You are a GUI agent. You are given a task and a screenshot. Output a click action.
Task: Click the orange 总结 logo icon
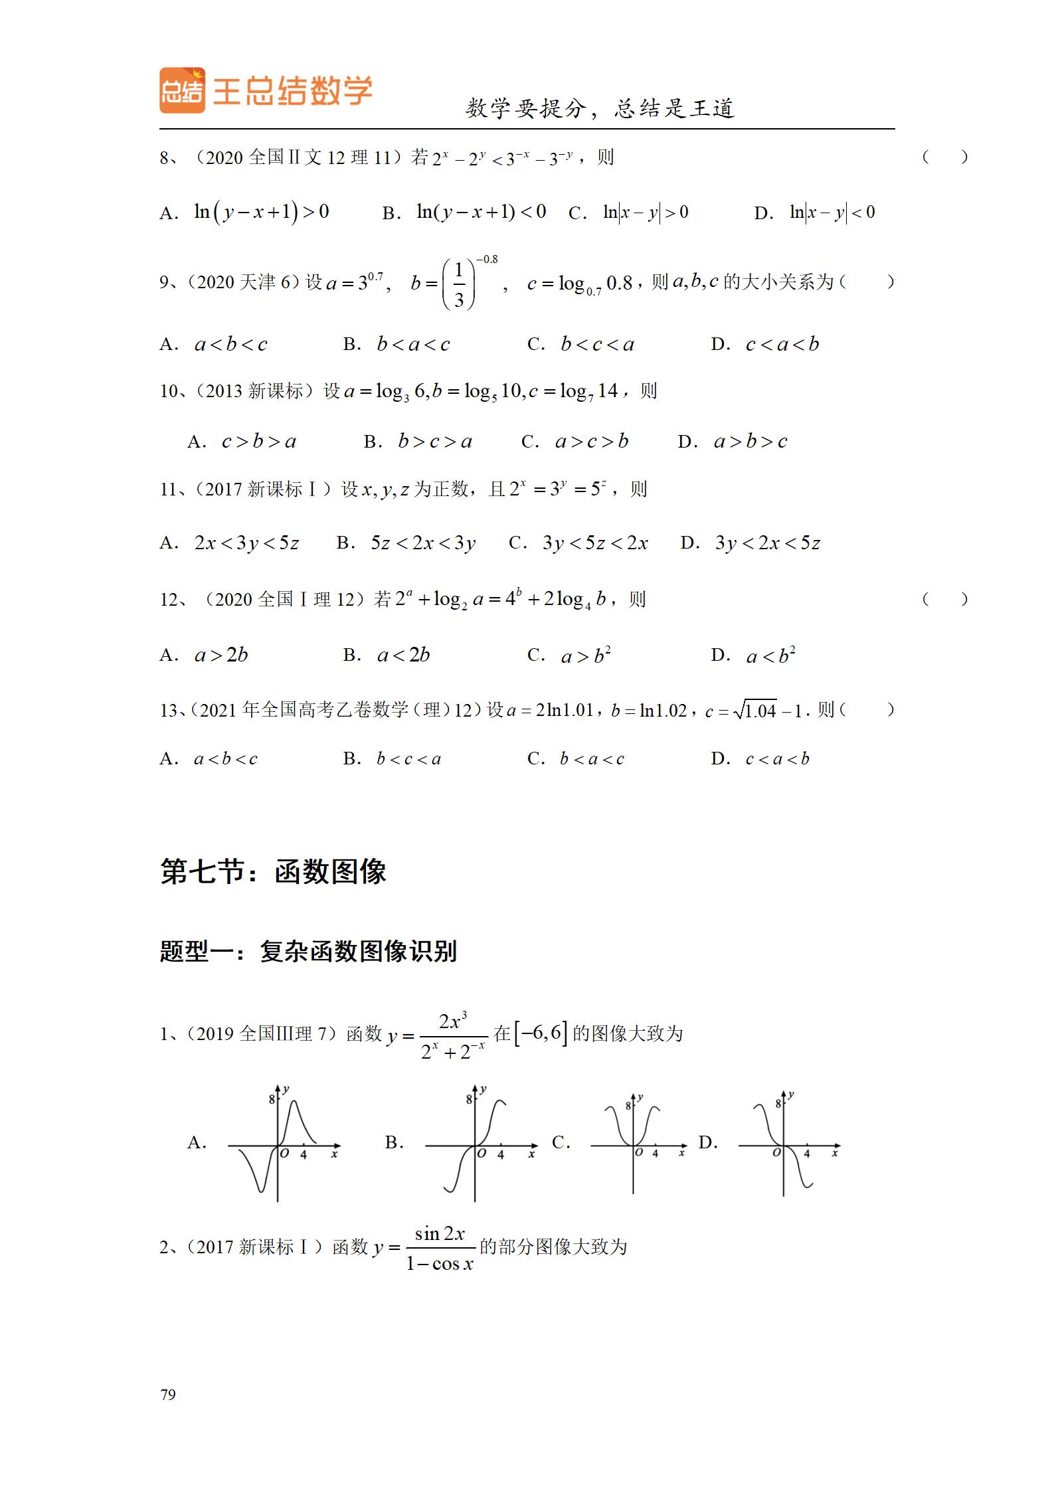[x=182, y=90]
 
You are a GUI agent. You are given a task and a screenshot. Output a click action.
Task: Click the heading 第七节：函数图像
[x=273, y=872]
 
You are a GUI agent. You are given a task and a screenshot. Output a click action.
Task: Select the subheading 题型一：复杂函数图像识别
[x=308, y=952]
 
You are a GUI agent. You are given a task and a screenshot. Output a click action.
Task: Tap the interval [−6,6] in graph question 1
[x=541, y=1033]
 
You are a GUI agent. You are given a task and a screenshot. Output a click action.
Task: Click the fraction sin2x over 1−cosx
[x=440, y=1249]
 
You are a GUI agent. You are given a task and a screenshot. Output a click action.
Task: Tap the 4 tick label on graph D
[x=807, y=1154]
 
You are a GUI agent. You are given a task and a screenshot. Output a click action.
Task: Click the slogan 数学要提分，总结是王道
[x=600, y=108]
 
